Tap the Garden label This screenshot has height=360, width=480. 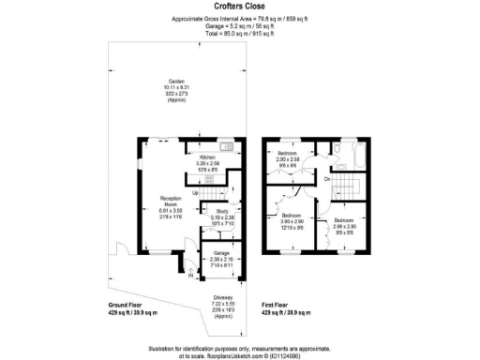point(175,82)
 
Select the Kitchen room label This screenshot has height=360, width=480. point(208,157)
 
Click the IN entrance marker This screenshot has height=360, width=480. point(191,276)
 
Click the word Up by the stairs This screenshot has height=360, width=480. point(195,193)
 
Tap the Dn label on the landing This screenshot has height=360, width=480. point(326,177)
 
